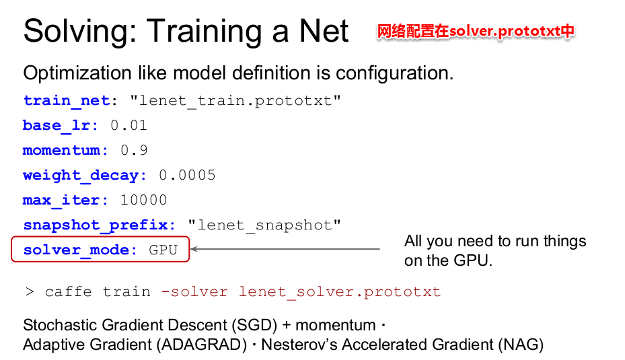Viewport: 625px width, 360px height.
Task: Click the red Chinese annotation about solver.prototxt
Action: tap(476, 31)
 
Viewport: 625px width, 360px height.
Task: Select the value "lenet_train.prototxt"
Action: tap(235, 101)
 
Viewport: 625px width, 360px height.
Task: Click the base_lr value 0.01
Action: tap(128, 126)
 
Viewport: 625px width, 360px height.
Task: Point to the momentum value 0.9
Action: tap(134, 150)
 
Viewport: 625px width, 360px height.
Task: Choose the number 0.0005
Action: tap(187, 175)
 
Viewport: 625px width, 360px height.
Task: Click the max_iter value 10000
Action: tap(143, 200)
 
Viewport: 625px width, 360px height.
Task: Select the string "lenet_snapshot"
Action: tap(264, 225)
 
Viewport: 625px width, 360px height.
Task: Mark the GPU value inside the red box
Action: tap(163, 250)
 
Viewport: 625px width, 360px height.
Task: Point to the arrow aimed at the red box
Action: tap(285, 249)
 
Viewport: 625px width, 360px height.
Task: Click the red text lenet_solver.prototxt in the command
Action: tap(340, 292)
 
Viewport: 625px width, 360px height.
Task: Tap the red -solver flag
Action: tap(194, 292)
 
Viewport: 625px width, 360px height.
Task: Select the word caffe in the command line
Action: tap(68, 292)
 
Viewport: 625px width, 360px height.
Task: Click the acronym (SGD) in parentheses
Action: tap(254, 325)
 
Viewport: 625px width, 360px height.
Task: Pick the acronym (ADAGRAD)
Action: tap(202, 345)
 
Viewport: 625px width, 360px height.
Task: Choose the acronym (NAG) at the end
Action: tap(521, 345)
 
